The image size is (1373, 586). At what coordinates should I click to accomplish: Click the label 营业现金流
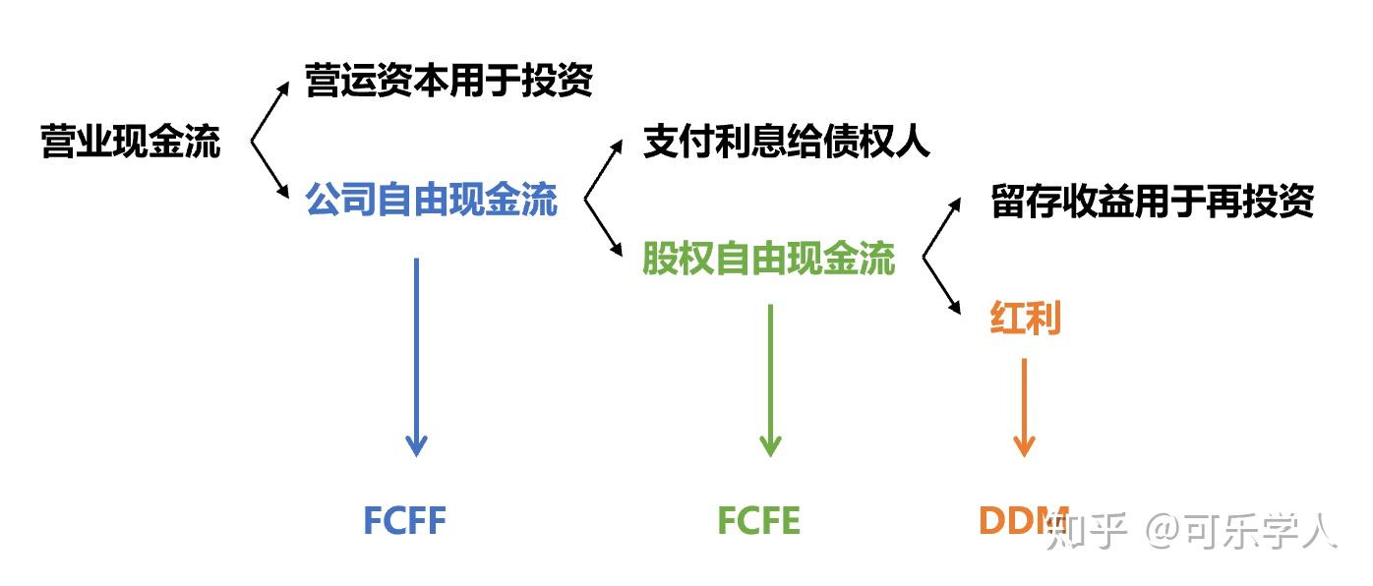[x=131, y=142]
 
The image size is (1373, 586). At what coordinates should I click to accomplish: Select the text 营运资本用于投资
[x=449, y=81]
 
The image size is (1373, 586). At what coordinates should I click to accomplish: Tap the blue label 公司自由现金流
[x=432, y=200]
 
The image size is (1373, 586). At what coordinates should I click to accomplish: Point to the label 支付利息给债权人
[x=786, y=142]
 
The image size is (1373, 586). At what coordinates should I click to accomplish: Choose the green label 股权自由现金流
[x=769, y=259]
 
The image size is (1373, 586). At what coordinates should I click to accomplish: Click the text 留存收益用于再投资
[x=1153, y=202]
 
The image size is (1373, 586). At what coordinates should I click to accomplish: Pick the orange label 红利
[x=1024, y=319]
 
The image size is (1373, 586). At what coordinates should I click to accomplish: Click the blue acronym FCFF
[x=404, y=520]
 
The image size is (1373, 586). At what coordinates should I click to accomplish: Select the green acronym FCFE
[x=758, y=520]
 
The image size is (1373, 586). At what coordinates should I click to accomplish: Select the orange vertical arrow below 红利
[x=1024, y=407]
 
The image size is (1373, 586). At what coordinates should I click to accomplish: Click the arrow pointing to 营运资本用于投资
[x=271, y=110]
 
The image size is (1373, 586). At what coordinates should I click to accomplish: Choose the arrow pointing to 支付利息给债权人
[x=605, y=168]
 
